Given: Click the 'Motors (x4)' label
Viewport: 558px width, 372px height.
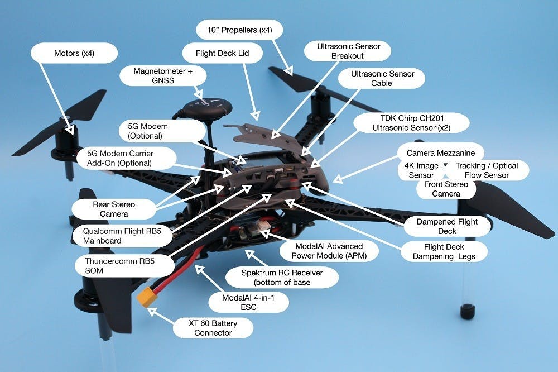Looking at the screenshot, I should click(x=74, y=54).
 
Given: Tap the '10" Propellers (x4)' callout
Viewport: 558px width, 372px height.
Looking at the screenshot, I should click(x=240, y=29).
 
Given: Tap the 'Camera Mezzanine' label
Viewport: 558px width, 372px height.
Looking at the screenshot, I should click(x=441, y=152).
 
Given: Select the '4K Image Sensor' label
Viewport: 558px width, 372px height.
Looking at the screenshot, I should click(x=421, y=170).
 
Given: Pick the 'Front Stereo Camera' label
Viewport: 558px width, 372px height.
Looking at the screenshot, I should click(x=446, y=189).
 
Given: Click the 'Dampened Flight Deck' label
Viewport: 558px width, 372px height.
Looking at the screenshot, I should click(x=447, y=226).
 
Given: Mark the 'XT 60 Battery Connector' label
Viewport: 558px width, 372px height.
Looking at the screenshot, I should click(x=213, y=328).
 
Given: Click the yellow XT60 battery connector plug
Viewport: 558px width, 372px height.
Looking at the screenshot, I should click(x=147, y=299).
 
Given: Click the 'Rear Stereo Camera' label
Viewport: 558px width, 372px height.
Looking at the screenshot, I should click(x=113, y=209).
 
